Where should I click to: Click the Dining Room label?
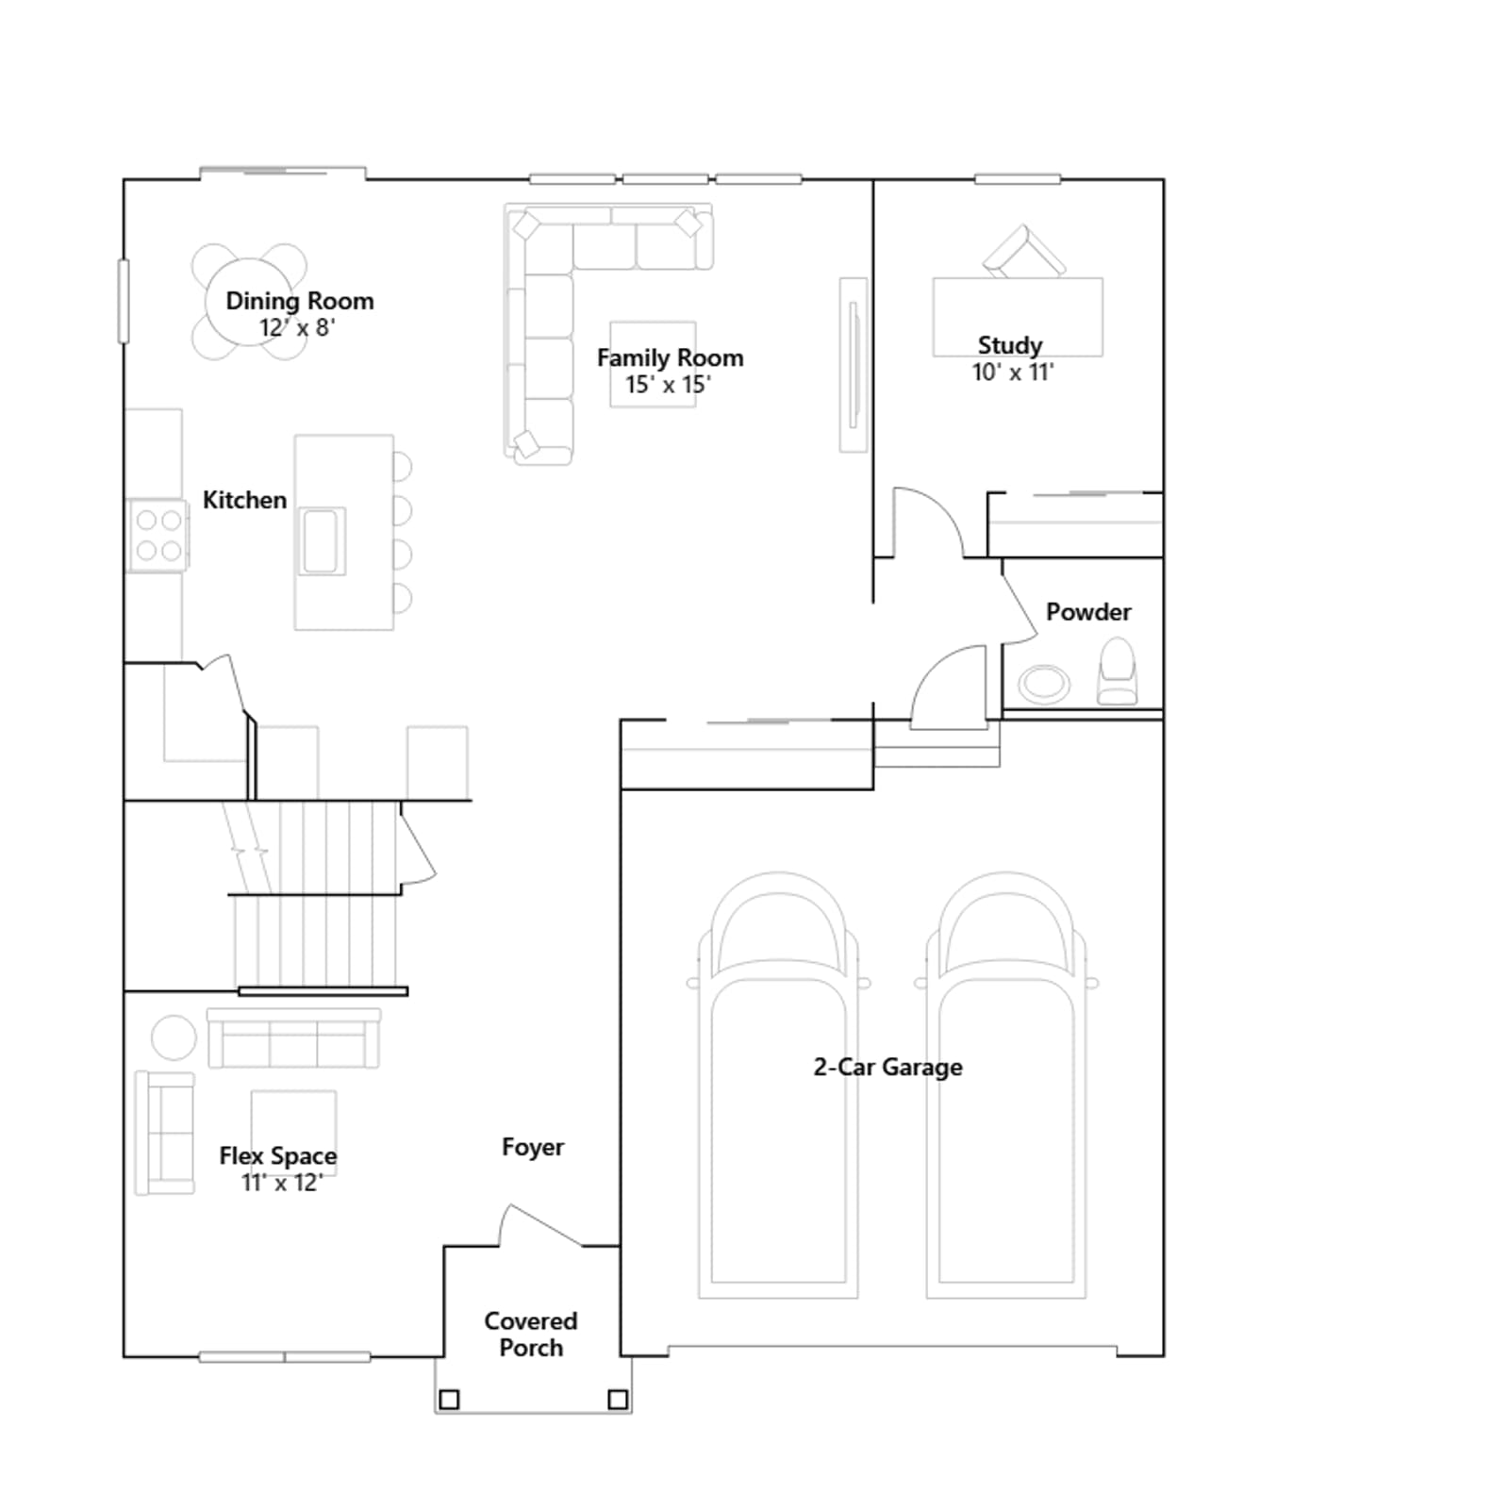point(300,301)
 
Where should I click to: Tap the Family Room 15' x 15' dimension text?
point(669,385)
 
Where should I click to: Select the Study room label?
point(1010,345)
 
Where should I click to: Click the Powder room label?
point(1088,612)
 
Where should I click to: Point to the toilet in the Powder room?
point(1118,671)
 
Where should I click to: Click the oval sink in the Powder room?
point(1044,683)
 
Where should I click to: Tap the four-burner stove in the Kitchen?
point(158,535)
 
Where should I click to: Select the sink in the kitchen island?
point(322,541)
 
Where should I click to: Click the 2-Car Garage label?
point(888,1067)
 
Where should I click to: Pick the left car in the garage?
point(778,1085)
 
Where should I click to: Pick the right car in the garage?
point(1006,1085)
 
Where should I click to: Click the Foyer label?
point(533,1147)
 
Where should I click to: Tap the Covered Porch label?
point(531,1335)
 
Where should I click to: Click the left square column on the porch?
point(450,1400)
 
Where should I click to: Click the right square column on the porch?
point(618,1400)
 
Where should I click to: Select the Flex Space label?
point(278,1156)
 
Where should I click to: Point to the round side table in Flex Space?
point(174,1037)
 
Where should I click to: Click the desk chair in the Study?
point(1023,252)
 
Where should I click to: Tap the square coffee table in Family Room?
point(653,364)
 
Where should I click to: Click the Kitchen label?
point(245,500)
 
